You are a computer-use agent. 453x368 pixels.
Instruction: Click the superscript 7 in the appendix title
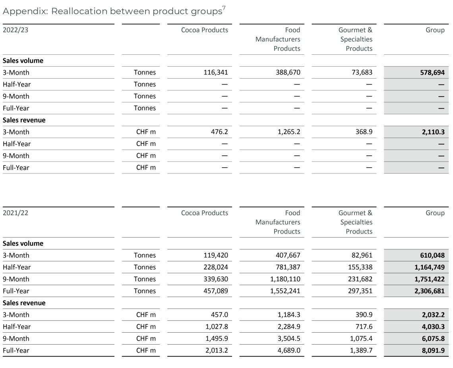tap(224, 8)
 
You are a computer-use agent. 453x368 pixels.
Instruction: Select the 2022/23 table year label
tap(15, 30)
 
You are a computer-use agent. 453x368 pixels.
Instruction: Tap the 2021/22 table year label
tap(15, 213)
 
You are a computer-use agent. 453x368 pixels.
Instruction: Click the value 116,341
tap(216, 73)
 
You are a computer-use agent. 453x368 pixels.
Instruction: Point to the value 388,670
tap(288, 73)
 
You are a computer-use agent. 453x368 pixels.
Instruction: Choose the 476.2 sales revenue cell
tap(220, 132)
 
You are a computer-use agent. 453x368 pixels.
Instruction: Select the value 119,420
tap(216, 255)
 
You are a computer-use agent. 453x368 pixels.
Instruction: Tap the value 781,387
tap(288, 267)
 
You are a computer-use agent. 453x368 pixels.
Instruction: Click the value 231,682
tap(360, 279)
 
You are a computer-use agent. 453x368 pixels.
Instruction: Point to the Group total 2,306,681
tap(428, 291)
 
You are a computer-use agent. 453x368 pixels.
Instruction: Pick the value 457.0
tap(220, 315)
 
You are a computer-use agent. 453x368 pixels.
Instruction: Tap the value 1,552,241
tap(286, 291)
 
